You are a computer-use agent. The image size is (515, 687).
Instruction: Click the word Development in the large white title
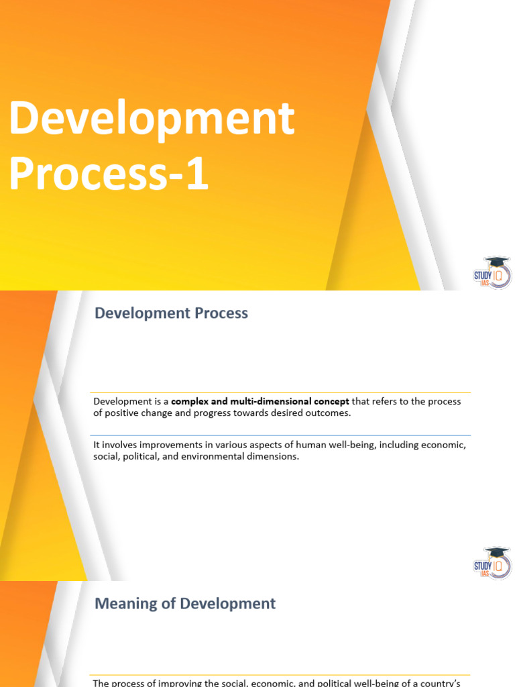152,120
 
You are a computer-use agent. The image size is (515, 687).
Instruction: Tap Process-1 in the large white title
109,173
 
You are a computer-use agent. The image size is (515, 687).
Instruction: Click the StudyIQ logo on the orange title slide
492,272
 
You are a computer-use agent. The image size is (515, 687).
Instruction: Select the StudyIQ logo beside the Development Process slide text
492,563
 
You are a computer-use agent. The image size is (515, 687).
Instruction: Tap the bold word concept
329,401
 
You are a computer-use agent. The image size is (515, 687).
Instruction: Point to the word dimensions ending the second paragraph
276,457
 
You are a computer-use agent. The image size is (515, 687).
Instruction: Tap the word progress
203,413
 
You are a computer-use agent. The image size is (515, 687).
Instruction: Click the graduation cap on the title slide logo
496,261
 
